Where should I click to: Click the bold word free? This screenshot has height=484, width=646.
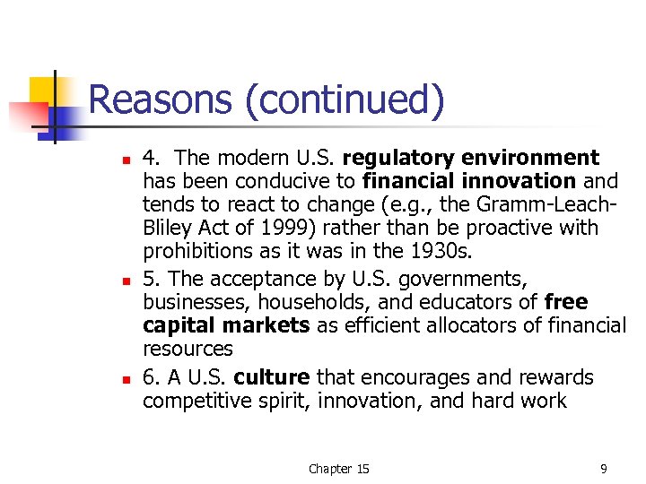pos(566,302)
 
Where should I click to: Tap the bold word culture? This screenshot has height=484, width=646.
pos(276,377)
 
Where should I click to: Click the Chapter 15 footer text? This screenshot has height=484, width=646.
pos(338,469)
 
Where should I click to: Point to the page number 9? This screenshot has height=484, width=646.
pos(604,469)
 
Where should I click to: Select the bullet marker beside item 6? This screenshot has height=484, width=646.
pos(126,380)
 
